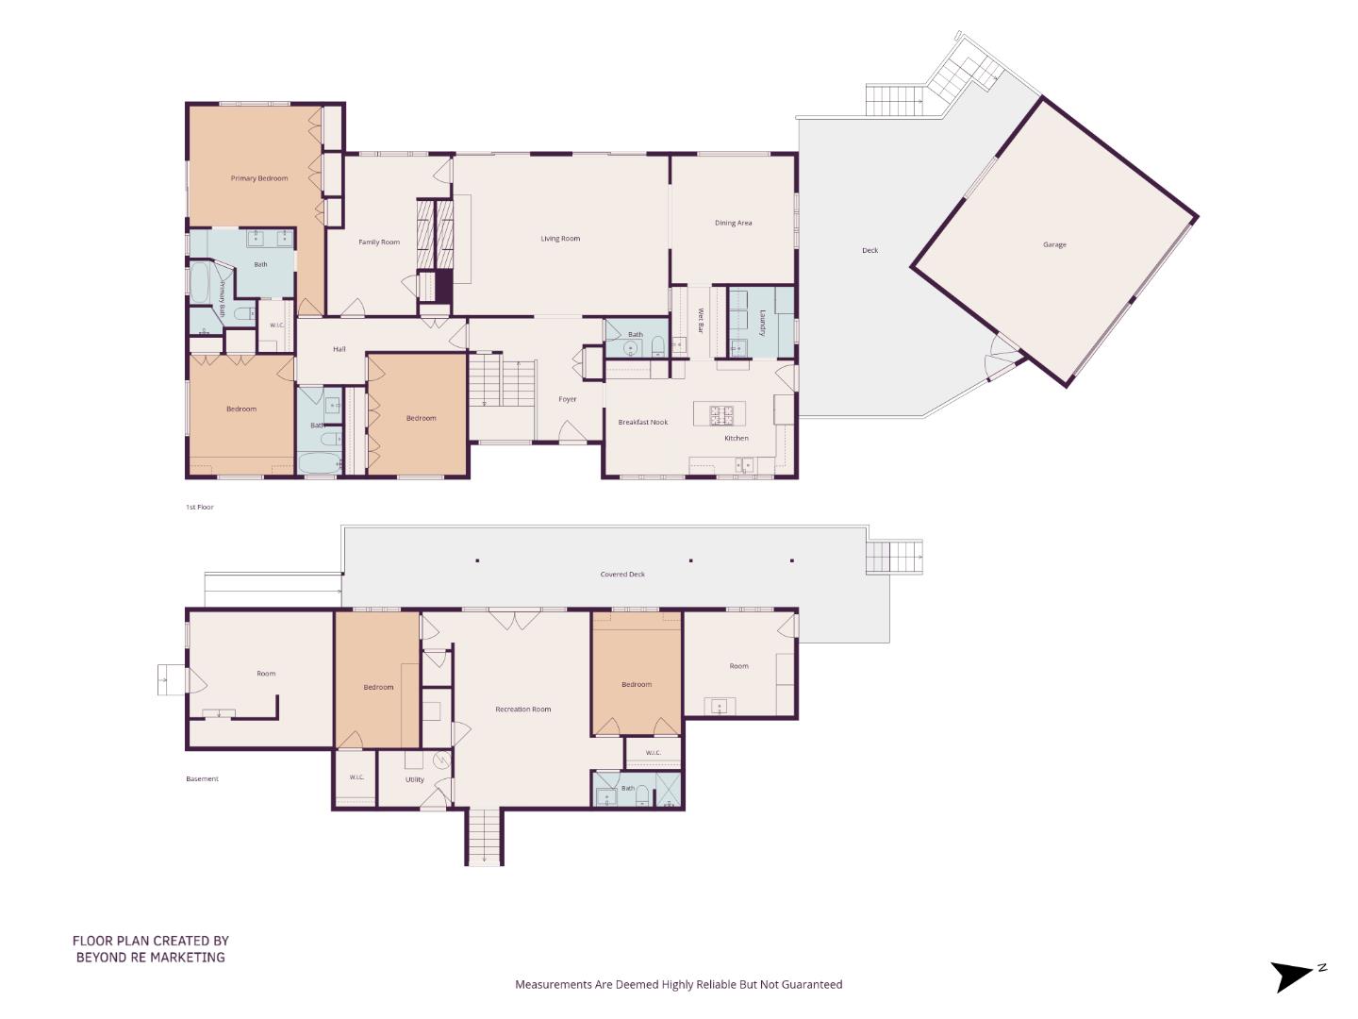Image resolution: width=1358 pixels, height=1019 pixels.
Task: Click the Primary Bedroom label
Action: pyautogui.click(x=259, y=178)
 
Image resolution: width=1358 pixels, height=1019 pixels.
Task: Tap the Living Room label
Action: pyautogui.click(x=560, y=238)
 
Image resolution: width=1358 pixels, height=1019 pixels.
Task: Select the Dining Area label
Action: pyautogui.click(x=733, y=223)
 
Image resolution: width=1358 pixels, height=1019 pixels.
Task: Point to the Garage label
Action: pyautogui.click(x=1054, y=244)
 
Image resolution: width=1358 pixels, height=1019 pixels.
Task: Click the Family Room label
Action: pyautogui.click(x=379, y=242)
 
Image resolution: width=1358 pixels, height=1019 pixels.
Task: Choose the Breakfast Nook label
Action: pyautogui.click(x=643, y=422)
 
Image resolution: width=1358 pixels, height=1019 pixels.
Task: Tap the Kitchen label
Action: pyautogui.click(x=737, y=438)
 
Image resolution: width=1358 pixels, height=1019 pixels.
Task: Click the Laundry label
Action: pyautogui.click(x=762, y=323)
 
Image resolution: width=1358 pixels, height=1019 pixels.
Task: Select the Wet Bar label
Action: pyautogui.click(x=701, y=321)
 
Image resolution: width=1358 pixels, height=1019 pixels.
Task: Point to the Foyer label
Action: pyautogui.click(x=568, y=399)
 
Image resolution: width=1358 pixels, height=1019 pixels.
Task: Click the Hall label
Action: pyautogui.click(x=339, y=349)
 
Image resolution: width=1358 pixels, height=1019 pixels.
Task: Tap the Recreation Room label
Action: pyautogui.click(x=522, y=709)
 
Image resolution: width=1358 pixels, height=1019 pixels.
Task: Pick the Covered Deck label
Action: pyautogui.click(x=622, y=575)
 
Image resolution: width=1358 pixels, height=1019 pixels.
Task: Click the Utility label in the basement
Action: pyautogui.click(x=415, y=779)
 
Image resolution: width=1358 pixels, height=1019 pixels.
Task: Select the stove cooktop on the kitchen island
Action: pyautogui.click(x=721, y=414)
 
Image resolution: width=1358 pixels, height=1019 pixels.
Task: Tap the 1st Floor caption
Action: pyautogui.click(x=199, y=507)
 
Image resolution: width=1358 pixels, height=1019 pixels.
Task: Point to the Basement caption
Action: pyautogui.click(x=203, y=778)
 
